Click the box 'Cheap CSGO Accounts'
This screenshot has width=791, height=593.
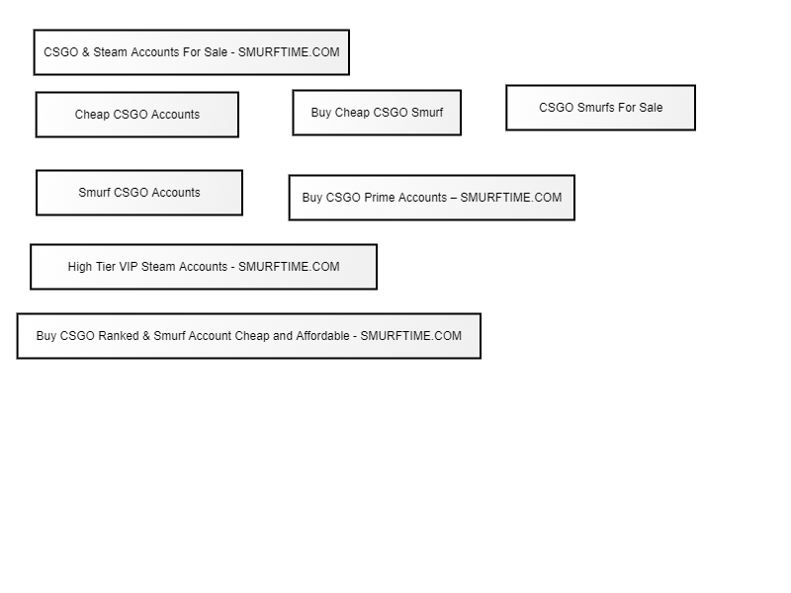[x=137, y=115]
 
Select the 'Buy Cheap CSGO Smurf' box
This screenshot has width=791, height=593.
[x=377, y=113]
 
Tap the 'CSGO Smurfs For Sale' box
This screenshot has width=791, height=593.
[x=601, y=108]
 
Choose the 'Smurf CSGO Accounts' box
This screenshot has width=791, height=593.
[x=139, y=193]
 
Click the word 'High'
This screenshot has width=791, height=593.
[x=80, y=267]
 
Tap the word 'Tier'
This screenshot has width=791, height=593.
[x=105, y=266]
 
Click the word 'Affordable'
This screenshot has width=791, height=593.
[x=322, y=336]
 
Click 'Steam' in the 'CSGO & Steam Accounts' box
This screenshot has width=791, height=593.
[x=110, y=52]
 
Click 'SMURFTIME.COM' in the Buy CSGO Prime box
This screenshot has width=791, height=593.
[x=511, y=197]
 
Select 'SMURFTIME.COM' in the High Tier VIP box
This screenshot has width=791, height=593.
[x=289, y=266]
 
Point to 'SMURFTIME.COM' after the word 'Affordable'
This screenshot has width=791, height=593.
[x=410, y=336]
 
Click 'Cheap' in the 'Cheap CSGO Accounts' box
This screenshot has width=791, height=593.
[x=92, y=115]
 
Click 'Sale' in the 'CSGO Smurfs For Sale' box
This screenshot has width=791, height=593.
[x=651, y=108]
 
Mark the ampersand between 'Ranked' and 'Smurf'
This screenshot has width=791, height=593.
[x=146, y=336]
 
